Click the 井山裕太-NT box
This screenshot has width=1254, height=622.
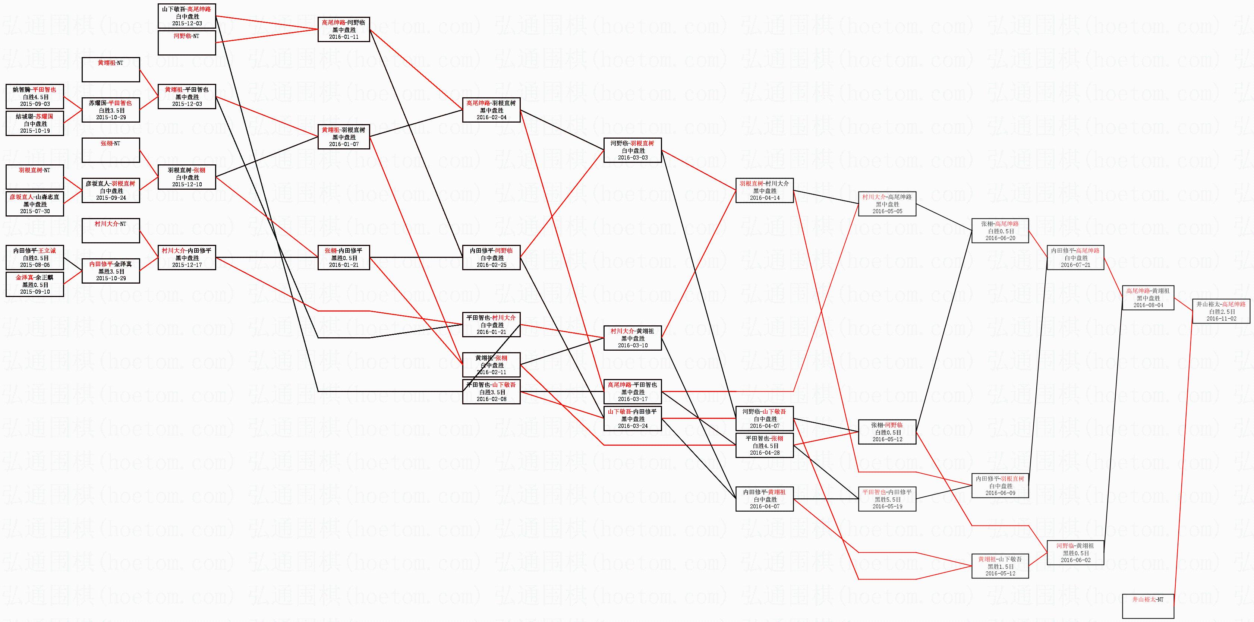1148,606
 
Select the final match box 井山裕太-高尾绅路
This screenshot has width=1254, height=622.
1221,311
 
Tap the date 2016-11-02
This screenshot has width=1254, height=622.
1221,319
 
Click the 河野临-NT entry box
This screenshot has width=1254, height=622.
186,42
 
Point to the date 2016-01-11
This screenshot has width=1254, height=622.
344,37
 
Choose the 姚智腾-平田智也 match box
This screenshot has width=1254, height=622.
35,97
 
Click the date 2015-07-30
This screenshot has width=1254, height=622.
35,211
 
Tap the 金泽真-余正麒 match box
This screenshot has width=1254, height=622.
35,284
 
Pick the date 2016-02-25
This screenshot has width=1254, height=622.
491,265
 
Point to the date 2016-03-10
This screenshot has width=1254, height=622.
632,345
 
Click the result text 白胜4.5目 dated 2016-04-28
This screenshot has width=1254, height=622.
764,445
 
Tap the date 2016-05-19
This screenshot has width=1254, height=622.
887,506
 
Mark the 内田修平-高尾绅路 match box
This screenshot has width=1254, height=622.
1075,258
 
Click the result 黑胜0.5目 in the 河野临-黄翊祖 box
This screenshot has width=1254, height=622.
1075,553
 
